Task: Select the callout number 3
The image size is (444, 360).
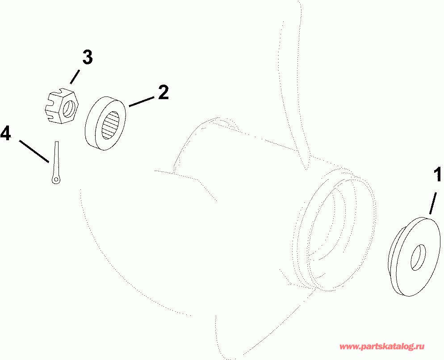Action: point(87,57)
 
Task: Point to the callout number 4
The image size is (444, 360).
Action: point(6,133)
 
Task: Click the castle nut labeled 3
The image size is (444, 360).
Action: point(62,105)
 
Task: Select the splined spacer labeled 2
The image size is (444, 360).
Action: point(105,124)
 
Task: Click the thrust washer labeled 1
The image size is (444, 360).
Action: point(414,257)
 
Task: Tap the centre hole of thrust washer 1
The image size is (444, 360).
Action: point(418,257)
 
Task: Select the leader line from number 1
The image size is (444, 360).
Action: point(432,203)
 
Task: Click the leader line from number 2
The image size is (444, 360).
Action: point(142,101)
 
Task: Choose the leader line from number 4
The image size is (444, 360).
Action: point(34,151)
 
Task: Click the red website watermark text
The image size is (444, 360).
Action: point(382,346)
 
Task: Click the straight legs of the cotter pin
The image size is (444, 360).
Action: point(57,159)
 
